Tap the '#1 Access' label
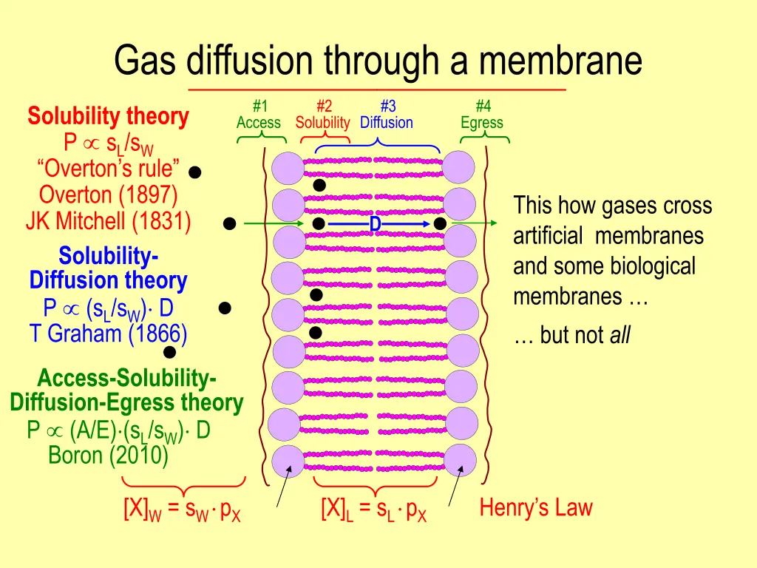[x=258, y=115]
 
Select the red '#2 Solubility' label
[x=322, y=115]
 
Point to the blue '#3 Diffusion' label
[x=387, y=115]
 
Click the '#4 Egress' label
[x=481, y=115]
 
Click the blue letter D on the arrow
[x=375, y=223]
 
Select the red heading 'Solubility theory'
[x=108, y=116]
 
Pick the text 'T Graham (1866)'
[x=108, y=334]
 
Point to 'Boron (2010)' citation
[x=108, y=455]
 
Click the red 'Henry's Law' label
[x=535, y=508]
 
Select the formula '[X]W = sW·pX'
[x=182, y=511]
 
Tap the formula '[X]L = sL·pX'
[x=373, y=511]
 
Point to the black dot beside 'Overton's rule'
[x=194, y=172]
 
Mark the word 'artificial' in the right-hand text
[x=550, y=237]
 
